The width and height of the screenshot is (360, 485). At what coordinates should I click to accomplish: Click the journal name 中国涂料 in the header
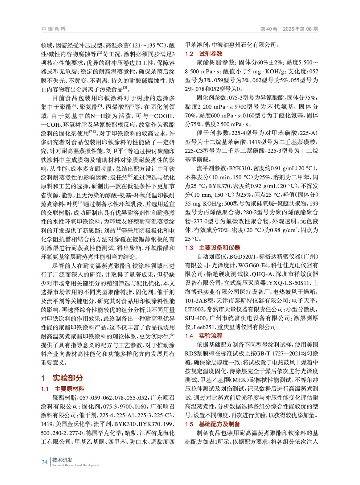(x=54, y=29)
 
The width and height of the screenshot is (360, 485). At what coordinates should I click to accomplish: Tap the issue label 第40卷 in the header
(x=269, y=29)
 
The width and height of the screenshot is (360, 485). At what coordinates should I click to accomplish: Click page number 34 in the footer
(x=45, y=462)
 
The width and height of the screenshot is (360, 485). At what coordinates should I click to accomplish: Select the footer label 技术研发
(x=62, y=460)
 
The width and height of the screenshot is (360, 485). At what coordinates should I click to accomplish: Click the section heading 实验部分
(x=68, y=378)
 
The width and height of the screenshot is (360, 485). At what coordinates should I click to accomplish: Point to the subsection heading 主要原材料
(x=69, y=389)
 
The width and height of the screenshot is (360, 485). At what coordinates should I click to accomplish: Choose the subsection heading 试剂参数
(x=210, y=54)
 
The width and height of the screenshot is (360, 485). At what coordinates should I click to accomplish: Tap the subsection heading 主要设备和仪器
(x=219, y=248)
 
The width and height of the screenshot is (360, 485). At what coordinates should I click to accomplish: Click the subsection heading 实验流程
(x=210, y=336)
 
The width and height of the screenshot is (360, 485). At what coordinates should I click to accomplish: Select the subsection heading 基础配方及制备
(x=219, y=424)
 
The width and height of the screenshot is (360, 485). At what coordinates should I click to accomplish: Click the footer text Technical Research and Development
(x=76, y=465)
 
